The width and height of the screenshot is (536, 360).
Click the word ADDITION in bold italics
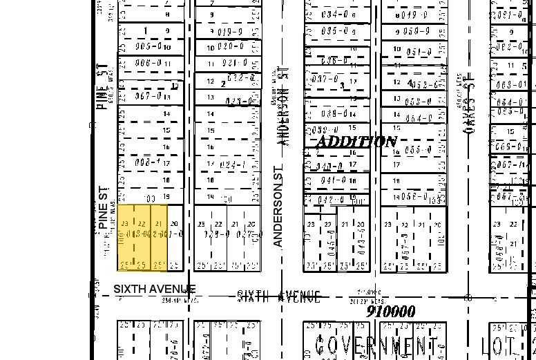point(356,142)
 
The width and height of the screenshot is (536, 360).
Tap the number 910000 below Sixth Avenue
point(391,312)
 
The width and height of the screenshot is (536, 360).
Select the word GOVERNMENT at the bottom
point(377,343)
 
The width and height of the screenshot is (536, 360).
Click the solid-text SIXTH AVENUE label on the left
point(155,289)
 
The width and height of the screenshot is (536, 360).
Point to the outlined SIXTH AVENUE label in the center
point(278,296)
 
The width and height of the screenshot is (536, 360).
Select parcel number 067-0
point(147,96)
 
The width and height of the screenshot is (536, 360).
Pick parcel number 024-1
point(231,165)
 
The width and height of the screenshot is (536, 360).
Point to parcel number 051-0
point(419,53)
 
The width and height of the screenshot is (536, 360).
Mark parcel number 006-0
point(147,63)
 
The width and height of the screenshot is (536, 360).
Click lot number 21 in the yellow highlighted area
point(159,224)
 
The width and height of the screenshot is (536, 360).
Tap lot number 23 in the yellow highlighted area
point(124,224)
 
